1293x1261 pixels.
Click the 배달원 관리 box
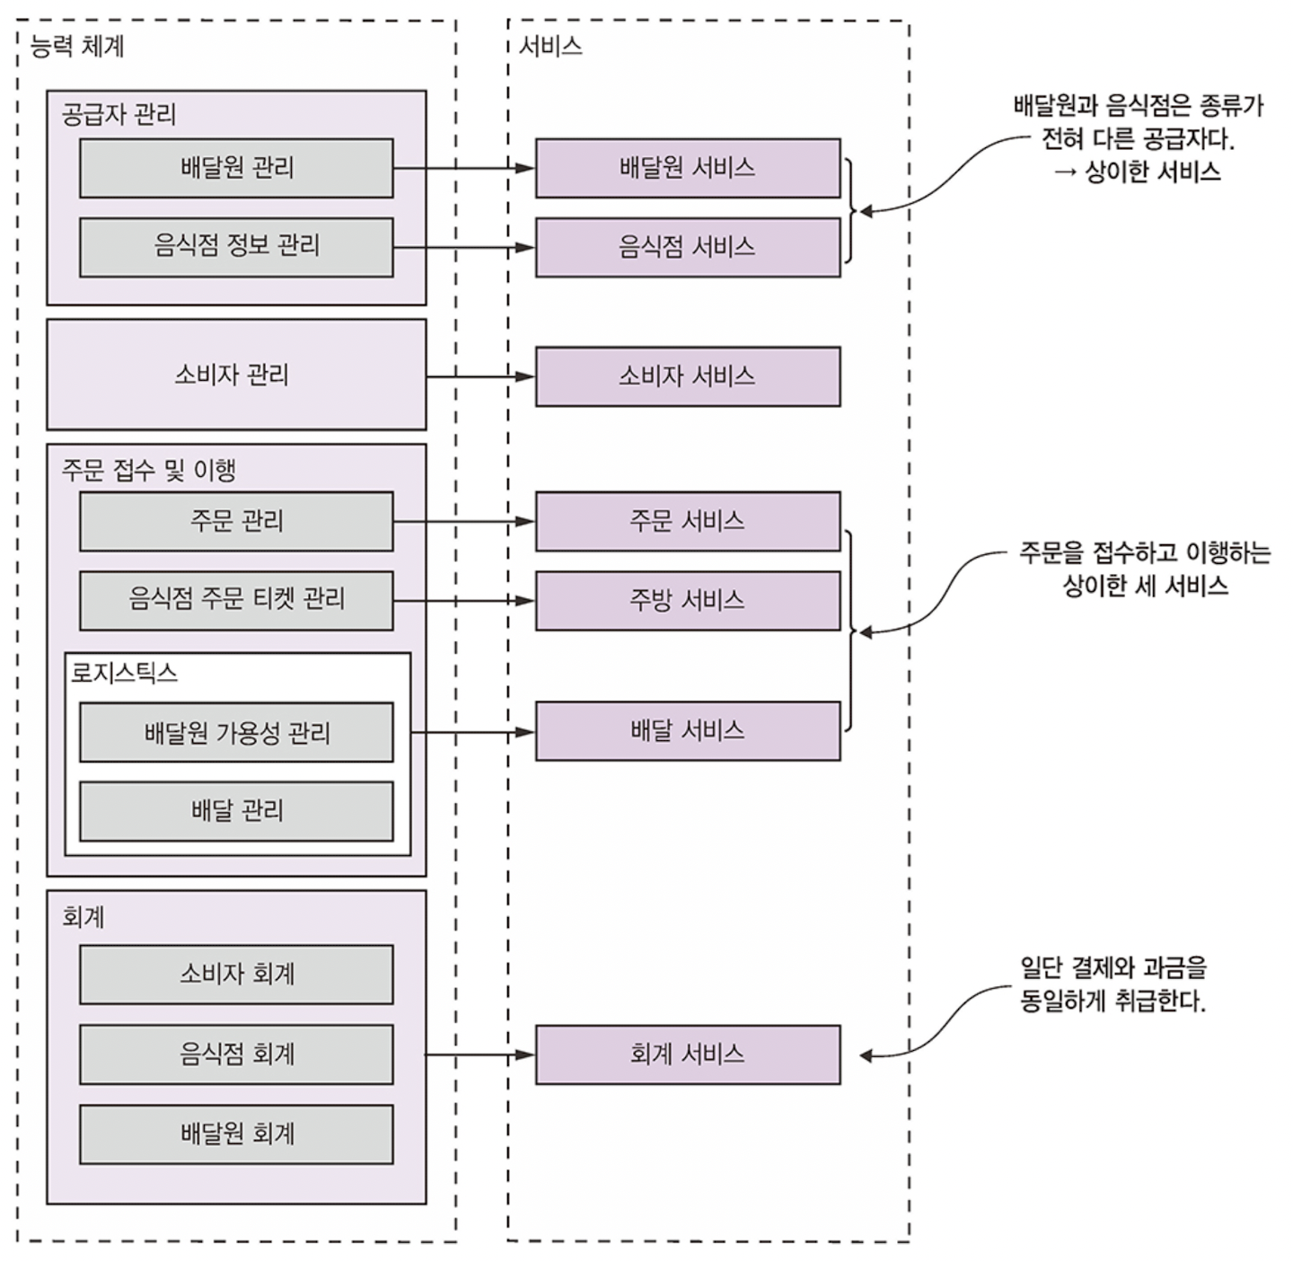[x=236, y=168]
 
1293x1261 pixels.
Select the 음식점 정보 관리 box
[x=236, y=247]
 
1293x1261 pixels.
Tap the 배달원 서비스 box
[x=688, y=168]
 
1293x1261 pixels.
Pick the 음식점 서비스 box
[x=688, y=247]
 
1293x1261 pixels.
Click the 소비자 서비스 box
[x=688, y=376]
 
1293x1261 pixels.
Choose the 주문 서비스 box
[x=688, y=521]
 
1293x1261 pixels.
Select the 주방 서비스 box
[x=688, y=601]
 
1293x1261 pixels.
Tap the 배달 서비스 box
[x=688, y=731]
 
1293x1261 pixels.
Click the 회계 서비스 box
[x=688, y=1054]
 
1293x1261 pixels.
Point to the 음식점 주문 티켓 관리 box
[x=236, y=601]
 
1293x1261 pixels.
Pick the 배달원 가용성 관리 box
[x=236, y=732]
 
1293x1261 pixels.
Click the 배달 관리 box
[x=236, y=812]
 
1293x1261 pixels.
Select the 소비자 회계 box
[x=236, y=974]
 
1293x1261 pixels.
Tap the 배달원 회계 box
[x=236, y=1134]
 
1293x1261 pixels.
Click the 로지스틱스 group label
[x=124, y=673]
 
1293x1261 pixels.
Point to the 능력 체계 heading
[x=77, y=47]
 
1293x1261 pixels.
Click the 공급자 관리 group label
[x=119, y=114]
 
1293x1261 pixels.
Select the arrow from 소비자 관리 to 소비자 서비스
[x=480, y=377]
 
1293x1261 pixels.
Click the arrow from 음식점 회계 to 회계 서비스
[x=479, y=1054]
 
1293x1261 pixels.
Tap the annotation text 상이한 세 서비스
[x=1146, y=586]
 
